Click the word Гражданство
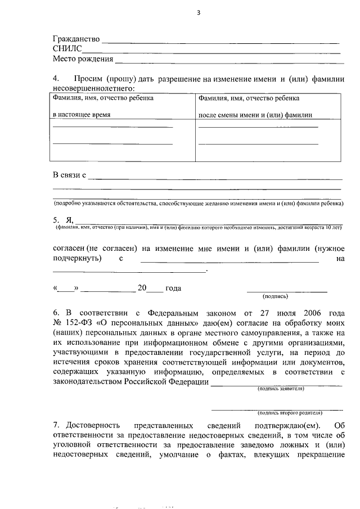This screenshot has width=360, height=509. pos(76,39)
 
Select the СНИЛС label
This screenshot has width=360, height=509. pos(66,49)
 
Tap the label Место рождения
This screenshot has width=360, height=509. pos(83,58)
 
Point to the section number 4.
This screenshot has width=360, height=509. pos(56,79)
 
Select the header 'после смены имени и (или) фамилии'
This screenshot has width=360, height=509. pos(255,114)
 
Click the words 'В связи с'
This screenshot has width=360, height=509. pos(69,175)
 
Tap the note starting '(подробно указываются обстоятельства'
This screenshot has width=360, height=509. pos(199,203)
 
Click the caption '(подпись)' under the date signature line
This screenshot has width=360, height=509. pos(275,296)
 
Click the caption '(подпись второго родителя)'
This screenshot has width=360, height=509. pos(286,412)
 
